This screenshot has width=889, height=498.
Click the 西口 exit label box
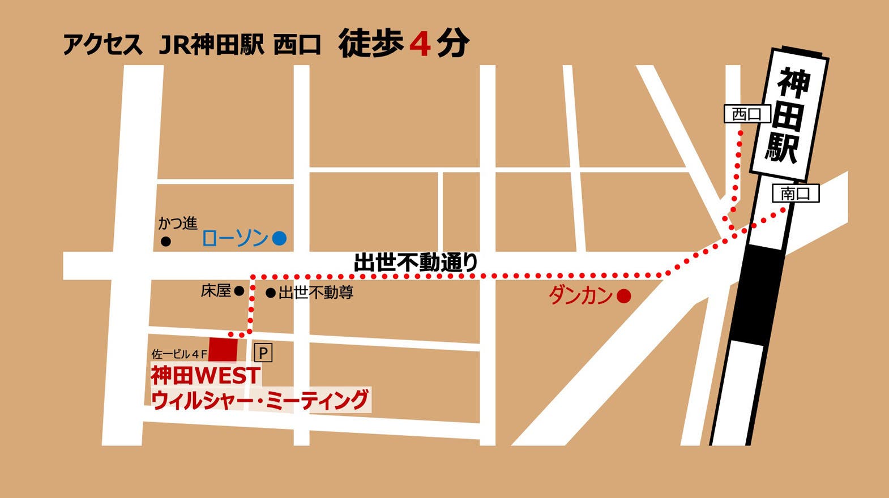coord(747,114)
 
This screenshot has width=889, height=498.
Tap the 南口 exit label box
coord(796,194)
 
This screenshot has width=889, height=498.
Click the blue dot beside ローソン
coord(279,238)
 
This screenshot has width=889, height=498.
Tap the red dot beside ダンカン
coord(623,295)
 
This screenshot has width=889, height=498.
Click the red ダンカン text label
coord(580,295)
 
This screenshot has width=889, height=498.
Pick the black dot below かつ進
coord(166,242)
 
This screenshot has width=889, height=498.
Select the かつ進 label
coord(178,224)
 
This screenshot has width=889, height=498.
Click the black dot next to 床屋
coord(240,291)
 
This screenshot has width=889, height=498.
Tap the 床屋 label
coord(216,291)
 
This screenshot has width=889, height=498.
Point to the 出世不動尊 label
coord(316,293)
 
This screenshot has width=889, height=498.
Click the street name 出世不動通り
coord(416,263)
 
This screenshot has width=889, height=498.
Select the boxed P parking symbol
coord(263,353)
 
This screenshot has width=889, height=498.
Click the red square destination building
coord(223,349)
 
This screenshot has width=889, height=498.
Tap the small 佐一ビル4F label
coord(179,354)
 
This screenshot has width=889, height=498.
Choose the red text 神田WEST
coord(206,375)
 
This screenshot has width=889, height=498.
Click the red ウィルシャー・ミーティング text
coord(260,400)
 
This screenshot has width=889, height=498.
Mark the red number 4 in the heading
coord(420,44)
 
